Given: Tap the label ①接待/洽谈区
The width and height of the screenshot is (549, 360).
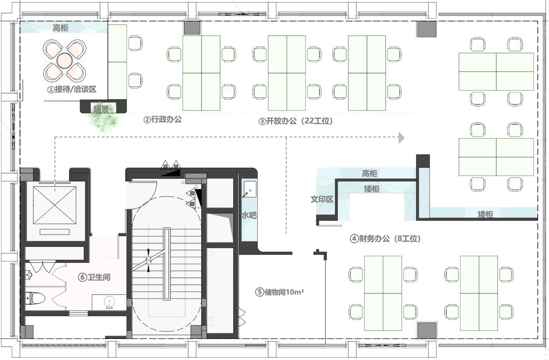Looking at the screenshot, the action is (72, 89).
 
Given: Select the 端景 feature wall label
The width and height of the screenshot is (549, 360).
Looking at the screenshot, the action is (101, 109).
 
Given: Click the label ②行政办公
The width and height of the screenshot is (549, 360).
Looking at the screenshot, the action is (162, 120).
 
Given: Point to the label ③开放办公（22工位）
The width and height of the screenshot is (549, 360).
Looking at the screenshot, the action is (296, 121).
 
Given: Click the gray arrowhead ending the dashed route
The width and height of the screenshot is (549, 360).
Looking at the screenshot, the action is (401, 138).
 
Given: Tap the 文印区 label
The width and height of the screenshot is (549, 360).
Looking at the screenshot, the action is (322, 199).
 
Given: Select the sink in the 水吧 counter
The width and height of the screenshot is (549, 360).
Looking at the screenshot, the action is (249, 189).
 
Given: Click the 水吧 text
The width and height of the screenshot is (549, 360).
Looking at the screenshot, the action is (249, 215).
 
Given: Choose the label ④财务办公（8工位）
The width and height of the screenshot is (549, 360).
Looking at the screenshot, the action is (385, 238).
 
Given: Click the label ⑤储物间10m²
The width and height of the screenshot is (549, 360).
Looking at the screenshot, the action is (280, 292).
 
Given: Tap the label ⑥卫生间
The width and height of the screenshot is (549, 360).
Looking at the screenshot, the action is (94, 277).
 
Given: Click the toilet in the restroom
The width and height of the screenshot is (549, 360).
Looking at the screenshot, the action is (35, 298).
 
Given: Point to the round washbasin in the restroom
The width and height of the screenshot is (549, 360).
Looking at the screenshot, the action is (109, 302).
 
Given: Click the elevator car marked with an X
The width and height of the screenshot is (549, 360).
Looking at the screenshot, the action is (55, 205).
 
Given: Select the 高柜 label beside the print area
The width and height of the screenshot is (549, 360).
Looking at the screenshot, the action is (369, 173).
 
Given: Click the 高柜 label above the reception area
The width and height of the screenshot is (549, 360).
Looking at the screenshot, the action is (60, 28).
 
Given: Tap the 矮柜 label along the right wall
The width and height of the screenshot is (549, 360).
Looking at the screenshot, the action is (485, 214).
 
